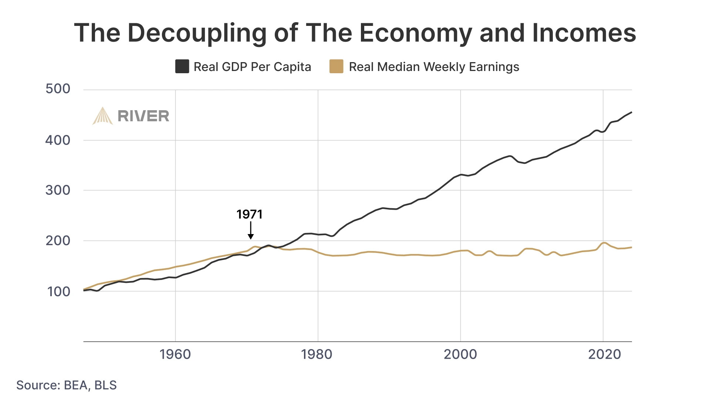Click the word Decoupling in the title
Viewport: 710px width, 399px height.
tap(196, 33)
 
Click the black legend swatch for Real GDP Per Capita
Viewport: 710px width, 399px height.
tap(182, 67)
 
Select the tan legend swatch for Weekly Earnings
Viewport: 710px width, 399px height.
tap(336, 67)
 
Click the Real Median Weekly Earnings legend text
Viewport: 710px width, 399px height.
tap(434, 67)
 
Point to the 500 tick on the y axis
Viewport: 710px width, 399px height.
tap(58, 89)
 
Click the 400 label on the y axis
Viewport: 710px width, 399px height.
tap(58, 140)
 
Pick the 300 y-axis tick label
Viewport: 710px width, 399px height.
tap(58, 190)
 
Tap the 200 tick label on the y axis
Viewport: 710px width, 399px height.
tap(58, 241)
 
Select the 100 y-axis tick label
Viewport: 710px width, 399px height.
tap(58, 291)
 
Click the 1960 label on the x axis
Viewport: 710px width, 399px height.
tap(175, 354)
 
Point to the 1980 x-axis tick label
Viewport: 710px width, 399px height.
tap(317, 354)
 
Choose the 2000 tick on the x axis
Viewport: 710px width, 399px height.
tap(460, 354)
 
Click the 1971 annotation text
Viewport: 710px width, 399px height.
tap(250, 214)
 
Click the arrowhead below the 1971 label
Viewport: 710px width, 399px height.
tap(251, 237)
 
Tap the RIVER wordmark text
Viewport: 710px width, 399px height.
tap(143, 116)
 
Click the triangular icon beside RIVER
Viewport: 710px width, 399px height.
tap(102, 116)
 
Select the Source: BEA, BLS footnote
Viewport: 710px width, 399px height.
tap(67, 385)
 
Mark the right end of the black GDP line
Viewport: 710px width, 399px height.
tap(631, 112)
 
